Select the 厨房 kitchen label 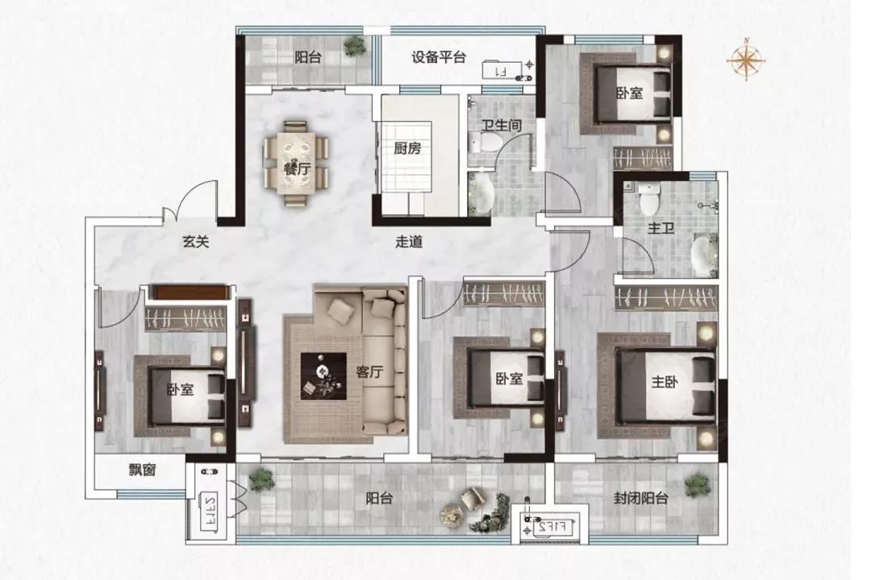[407, 148]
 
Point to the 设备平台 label [439, 57]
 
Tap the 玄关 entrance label [195, 241]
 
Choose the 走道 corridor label [410, 241]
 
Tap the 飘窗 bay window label [140, 469]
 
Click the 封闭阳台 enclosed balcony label [640, 499]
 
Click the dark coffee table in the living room [323, 375]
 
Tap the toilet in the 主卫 [648, 196]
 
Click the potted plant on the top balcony [354, 47]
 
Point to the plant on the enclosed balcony [696, 485]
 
